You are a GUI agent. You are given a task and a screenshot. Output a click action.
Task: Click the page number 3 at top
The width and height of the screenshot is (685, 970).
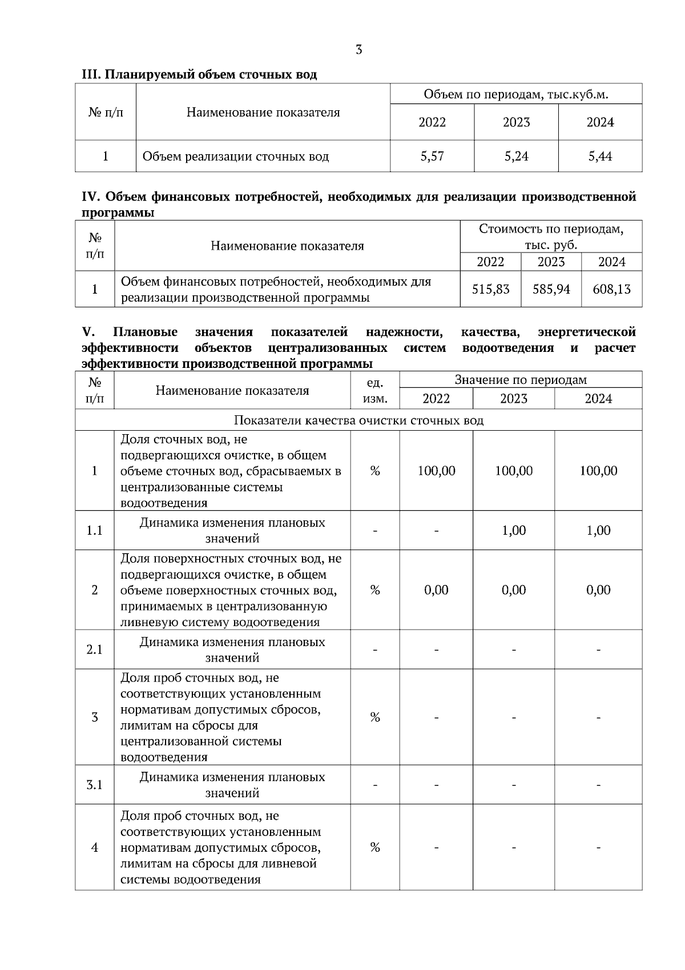coord(358,50)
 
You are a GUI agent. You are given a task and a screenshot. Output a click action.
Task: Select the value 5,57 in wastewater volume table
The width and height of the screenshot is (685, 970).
coord(432,156)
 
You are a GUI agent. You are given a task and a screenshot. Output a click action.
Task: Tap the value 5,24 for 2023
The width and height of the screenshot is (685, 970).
coord(516,156)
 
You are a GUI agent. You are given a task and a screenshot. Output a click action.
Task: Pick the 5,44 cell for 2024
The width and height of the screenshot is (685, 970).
coord(600,156)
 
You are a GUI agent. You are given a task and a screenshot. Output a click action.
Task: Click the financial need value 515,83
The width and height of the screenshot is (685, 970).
coord(490,289)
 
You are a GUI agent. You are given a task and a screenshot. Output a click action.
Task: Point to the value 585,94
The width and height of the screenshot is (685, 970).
coord(551,289)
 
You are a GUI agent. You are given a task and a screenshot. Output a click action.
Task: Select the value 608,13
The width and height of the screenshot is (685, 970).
coord(611,289)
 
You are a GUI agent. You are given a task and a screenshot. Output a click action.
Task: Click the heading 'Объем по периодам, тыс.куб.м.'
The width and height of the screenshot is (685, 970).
coord(515,94)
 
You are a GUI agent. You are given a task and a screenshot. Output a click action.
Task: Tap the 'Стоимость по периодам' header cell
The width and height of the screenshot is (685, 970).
coord(551,237)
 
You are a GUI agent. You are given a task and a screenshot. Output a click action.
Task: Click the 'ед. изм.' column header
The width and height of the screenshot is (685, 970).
coord(375,390)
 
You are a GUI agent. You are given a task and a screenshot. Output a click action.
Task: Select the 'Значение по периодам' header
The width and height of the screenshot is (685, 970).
coord(520,380)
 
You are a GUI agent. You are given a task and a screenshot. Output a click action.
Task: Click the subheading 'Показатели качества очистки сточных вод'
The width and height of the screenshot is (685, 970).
coord(358,420)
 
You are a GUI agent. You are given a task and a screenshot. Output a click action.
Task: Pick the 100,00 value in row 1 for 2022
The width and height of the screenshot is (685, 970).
coord(436,471)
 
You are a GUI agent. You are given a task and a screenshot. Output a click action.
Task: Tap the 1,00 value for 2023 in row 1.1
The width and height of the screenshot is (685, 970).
coord(514,531)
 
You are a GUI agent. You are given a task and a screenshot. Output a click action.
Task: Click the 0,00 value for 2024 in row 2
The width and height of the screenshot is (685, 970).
coord(598,590)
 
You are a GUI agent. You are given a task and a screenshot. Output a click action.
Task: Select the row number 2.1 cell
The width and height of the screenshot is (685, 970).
coord(95,650)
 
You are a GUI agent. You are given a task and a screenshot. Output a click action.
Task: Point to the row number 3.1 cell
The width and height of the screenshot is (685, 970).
coord(95,785)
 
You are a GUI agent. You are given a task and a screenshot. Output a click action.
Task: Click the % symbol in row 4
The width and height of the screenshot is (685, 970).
coord(375,847)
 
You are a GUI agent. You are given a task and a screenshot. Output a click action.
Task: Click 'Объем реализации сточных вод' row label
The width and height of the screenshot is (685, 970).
coord(236,156)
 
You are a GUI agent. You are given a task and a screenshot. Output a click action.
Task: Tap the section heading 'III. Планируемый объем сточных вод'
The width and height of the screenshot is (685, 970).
coord(199,74)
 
